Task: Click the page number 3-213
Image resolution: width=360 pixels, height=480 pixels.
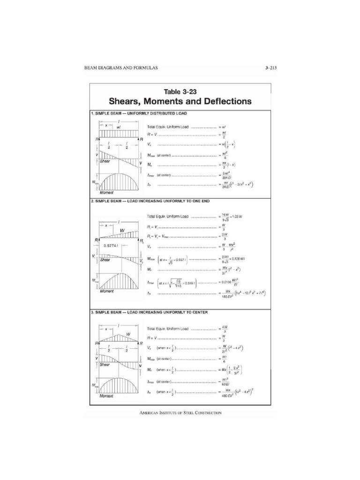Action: point(270,68)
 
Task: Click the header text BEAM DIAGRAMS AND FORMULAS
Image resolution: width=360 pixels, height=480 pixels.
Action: point(121,68)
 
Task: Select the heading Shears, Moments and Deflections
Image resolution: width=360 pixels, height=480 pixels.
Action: point(180,101)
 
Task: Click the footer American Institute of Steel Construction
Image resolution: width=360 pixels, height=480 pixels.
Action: point(180,413)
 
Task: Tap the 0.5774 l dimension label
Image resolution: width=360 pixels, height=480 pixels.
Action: point(103,245)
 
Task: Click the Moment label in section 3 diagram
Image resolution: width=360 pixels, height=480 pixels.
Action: point(106,396)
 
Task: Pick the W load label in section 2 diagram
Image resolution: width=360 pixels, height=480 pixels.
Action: point(122,231)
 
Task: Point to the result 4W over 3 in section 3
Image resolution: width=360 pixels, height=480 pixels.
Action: point(225,329)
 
